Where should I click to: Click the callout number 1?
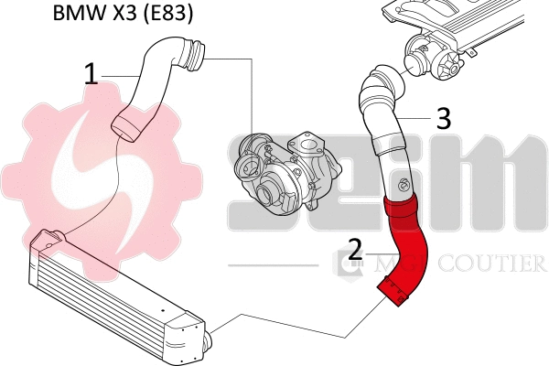(x=91, y=74)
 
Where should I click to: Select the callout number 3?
(x=443, y=117)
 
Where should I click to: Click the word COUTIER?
(x=495, y=264)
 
